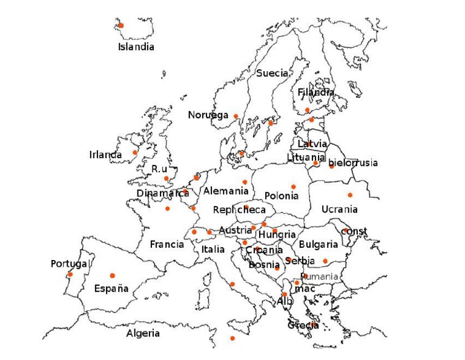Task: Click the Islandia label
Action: pyautogui.click(x=136, y=47)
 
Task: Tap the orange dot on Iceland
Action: pyautogui.click(x=120, y=25)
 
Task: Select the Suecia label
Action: pyautogui.click(x=272, y=73)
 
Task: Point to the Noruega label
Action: pyautogui.click(x=208, y=115)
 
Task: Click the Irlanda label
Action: pyautogui.click(x=105, y=155)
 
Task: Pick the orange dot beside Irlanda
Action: pyautogui.click(x=134, y=152)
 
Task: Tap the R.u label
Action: pyautogui.click(x=159, y=168)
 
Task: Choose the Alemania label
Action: pyautogui.click(x=226, y=191)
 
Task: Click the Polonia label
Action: pyautogui.click(x=282, y=196)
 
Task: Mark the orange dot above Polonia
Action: pyautogui.click(x=294, y=187)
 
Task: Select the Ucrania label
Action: pyautogui.click(x=339, y=209)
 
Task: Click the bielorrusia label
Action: pyautogui.click(x=353, y=162)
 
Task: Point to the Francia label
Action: pyautogui.click(x=167, y=244)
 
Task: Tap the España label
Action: pyautogui.click(x=111, y=288)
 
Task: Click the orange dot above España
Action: pyautogui.click(x=112, y=275)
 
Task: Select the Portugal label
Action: pyautogui.click(x=69, y=264)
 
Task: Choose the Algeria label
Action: pyautogui.click(x=143, y=333)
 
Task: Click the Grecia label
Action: pyautogui.click(x=303, y=325)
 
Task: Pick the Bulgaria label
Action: pyautogui.click(x=318, y=244)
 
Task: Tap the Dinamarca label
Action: pyautogui.click(x=162, y=193)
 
